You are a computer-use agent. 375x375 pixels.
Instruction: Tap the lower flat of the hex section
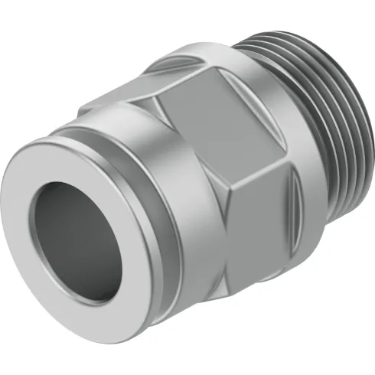tap(230, 264)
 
